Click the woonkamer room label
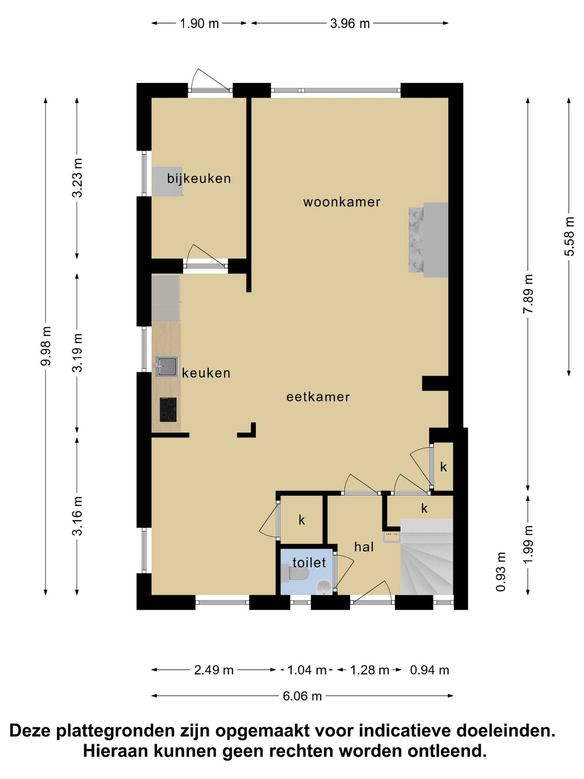coord(342,202)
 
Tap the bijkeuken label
coord(199,179)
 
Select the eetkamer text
coord(318,397)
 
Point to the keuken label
coord(206,373)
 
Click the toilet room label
coord(309,562)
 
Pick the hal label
coord(364,547)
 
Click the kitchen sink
coord(166,367)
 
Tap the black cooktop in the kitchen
coord(168,410)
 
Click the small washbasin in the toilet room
coord(324,587)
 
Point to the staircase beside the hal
coord(427,557)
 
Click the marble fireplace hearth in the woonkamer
coord(416,239)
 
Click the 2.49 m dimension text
coord(214,670)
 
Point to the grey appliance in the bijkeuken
coord(167,181)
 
